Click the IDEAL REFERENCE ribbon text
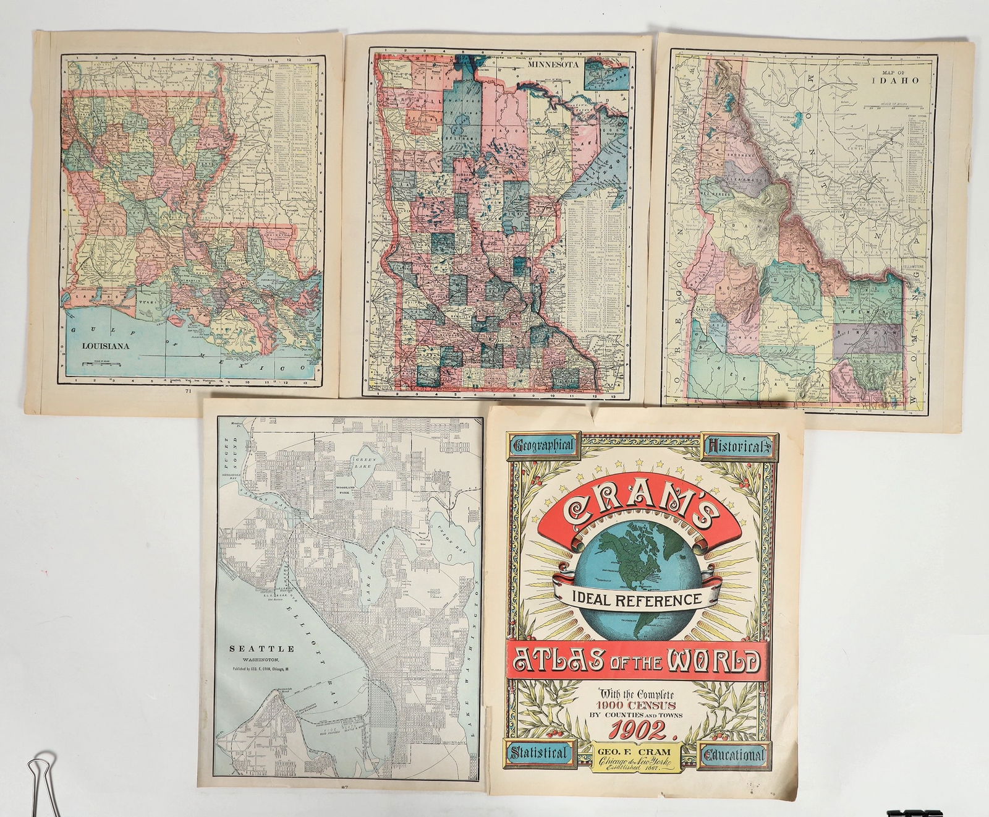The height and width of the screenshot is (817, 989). pyautogui.click(x=640, y=599)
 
